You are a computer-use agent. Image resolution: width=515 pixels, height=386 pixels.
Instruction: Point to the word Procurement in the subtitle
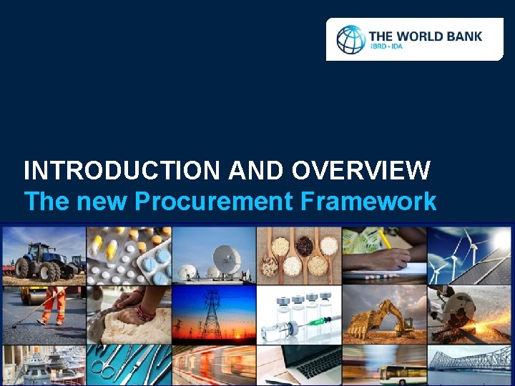pyautogui.click(x=214, y=202)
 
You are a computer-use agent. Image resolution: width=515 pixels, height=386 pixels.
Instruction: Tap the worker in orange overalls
pyautogui.click(x=51, y=304)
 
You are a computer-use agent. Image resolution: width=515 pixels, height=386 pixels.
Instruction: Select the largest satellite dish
pyautogui.click(x=226, y=255)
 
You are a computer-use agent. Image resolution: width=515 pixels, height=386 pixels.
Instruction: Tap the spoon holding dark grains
pyautogui.click(x=305, y=247)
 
